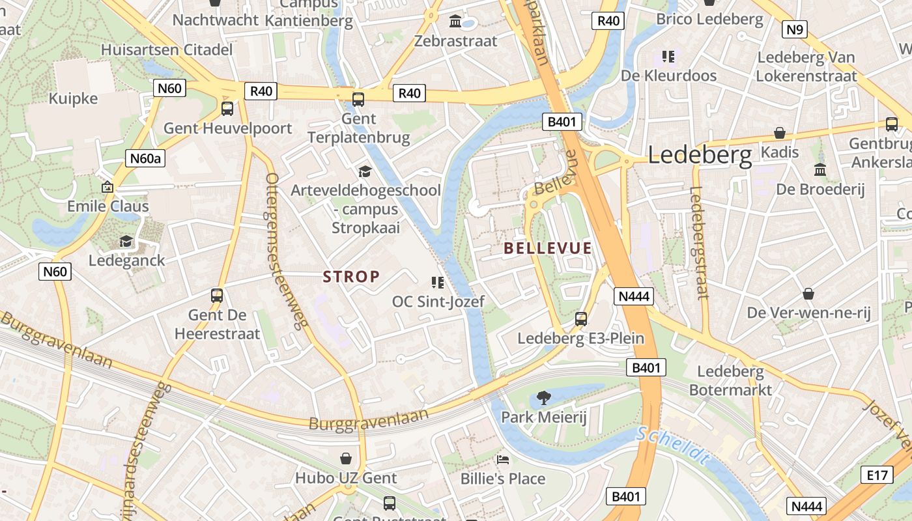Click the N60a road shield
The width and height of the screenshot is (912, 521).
pyautogui.click(x=145, y=158)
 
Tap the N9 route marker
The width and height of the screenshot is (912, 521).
pyautogui.click(x=795, y=29)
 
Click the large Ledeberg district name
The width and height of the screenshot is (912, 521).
pyautogui.click(x=700, y=155)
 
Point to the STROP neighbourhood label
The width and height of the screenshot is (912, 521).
pyautogui.click(x=351, y=277)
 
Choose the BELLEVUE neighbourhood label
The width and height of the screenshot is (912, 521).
pyautogui.click(x=548, y=248)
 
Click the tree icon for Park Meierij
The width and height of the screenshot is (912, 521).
pyautogui.click(x=543, y=397)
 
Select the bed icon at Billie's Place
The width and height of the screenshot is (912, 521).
pyautogui.click(x=503, y=460)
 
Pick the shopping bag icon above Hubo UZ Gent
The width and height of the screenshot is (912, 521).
pyautogui.click(x=346, y=458)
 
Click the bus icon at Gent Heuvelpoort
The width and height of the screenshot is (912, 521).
pyautogui.click(x=227, y=109)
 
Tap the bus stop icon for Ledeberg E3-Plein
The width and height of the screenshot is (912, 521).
pyautogui.click(x=580, y=319)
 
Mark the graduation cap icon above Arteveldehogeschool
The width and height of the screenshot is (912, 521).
pyautogui.click(x=365, y=171)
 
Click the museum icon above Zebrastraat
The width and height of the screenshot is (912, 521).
pyautogui.click(x=455, y=21)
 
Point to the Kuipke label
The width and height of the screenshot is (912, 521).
pyautogui.click(x=73, y=99)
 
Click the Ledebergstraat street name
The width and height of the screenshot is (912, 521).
pyautogui.click(x=698, y=242)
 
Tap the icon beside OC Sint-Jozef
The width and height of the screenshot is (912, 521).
pyautogui.click(x=437, y=282)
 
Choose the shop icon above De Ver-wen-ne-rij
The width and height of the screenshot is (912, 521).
pyautogui.click(x=808, y=294)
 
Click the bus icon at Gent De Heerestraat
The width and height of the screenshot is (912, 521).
pyautogui.click(x=217, y=296)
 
